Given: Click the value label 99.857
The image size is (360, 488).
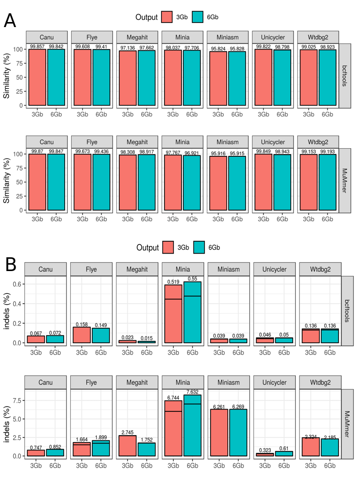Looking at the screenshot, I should (x=37, y=46).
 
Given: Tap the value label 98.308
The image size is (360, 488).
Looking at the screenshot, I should (x=127, y=151).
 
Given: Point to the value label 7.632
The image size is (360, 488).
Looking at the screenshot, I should (x=193, y=391).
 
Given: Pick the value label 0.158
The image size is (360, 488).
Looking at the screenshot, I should (x=82, y=324).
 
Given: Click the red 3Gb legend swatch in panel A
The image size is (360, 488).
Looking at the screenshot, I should (x=167, y=17).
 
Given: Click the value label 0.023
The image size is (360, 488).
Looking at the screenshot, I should (x=127, y=337).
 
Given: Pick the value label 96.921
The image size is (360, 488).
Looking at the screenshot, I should (x=192, y=151).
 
